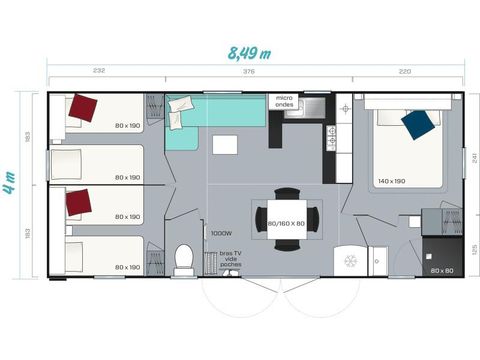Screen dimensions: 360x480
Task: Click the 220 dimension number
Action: pos(405,72)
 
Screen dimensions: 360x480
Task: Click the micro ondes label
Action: pos(284,101)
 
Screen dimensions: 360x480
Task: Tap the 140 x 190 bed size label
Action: pos(392,182)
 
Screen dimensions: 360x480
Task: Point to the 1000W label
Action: pos(221,233)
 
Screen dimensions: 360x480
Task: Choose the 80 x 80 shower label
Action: pos(442,270)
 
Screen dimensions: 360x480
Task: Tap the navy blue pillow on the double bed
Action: pos(419,125)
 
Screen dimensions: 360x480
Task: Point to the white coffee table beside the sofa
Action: pos(225,146)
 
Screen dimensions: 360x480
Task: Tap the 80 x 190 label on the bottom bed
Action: pos(128,267)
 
